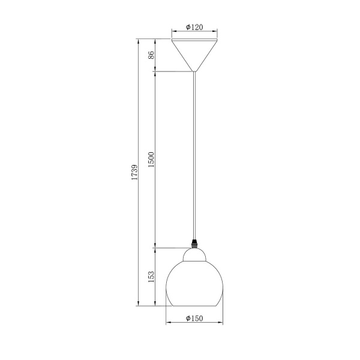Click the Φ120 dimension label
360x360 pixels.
coord(194,27)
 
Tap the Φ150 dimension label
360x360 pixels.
coord(194,318)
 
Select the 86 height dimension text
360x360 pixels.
coord(151,55)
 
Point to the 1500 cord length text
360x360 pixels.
coord(151,160)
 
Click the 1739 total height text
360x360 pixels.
coord(134,172)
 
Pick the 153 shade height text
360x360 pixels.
coord(151,277)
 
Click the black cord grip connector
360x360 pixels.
coord(194,244)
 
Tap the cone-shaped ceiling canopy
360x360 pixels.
coord(194,55)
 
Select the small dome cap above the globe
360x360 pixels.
coord(194,255)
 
